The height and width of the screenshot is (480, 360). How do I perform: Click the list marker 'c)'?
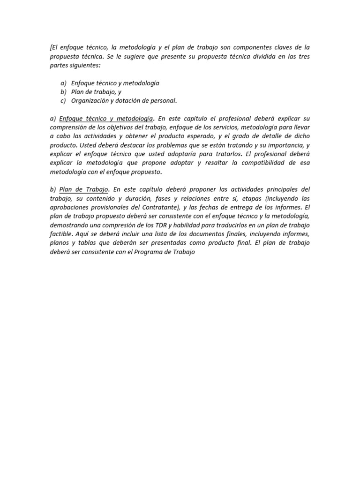tap(63, 100)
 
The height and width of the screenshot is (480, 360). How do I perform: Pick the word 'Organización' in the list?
tap(89, 100)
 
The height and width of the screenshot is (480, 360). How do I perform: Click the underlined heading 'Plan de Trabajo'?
tap(84, 189)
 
